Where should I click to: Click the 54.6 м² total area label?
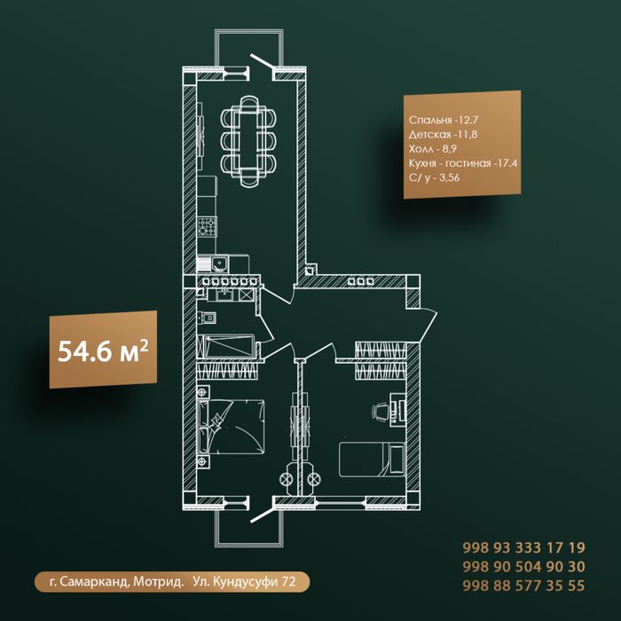click(x=103, y=350)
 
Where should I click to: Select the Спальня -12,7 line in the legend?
click(x=444, y=120)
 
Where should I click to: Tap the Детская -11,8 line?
click(x=444, y=134)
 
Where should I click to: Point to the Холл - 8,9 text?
click(x=433, y=148)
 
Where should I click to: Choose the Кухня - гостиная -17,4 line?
click(x=463, y=163)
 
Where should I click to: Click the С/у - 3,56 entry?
click(x=435, y=177)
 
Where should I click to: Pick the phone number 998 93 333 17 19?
click(x=523, y=547)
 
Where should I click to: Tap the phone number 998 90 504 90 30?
click(x=523, y=567)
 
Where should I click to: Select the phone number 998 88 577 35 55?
click(x=523, y=586)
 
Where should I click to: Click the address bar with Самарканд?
click(x=172, y=582)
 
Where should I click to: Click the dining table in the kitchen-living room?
click(x=248, y=141)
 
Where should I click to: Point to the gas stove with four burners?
click(x=207, y=226)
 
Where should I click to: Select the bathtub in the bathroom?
click(x=225, y=346)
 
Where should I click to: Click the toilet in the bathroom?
click(x=207, y=318)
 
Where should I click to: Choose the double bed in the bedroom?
click(x=231, y=427)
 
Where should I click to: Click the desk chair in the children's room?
click(x=380, y=411)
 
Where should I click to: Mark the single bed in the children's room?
click(x=372, y=460)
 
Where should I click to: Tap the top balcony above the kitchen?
click(x=248, y=48)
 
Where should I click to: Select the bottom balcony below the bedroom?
click(x=248, y=528)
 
